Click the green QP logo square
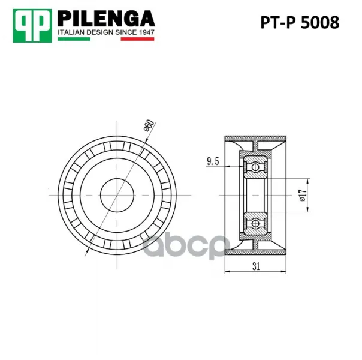pyautogui.click(x=32, y=26)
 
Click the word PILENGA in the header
pyautogui.click(x=106, y=19)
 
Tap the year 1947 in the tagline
pyautogui.click(x=147, y=32)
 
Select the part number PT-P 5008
pyautogui.click(x=300, y=22)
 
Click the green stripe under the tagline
pyautogui.click(x=74, y=39)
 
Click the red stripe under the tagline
pyautogui.click(x=137, y=39)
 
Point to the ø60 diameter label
pyautogui.click(x=149, y=125)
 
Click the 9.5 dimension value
pyautogui.click(x=213, y=161)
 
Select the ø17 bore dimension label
pyautogui.click(x=303, y=195)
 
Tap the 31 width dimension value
pyautogui.click(x=256, y=266)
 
